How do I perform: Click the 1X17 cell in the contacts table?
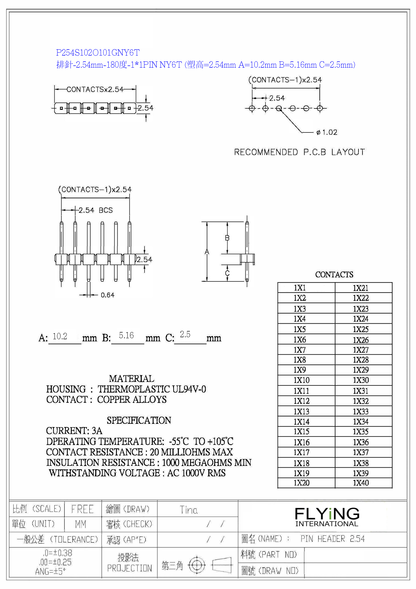point(301,452)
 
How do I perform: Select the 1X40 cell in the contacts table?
point(361,483)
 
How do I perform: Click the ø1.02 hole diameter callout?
point(327,132)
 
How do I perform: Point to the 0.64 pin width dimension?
point(107,295)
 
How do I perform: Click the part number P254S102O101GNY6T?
point(98,53)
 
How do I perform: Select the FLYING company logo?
point(327,516)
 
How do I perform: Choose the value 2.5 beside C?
point(185,334)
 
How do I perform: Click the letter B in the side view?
point(227,238)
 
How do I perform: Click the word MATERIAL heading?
point(132,379)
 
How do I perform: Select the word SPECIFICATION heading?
point(139,420)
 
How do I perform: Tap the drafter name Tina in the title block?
point(189,510)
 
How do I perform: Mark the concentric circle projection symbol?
point(197,565)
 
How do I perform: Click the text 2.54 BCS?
point(96,210)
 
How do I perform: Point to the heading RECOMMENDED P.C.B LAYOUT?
point(299,152)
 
